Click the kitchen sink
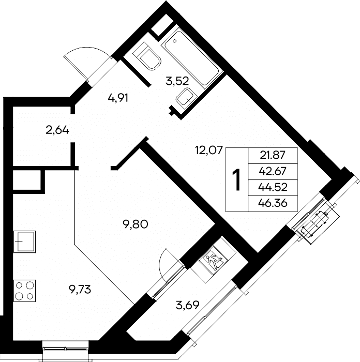pos(24,242)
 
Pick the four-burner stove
pos(24,291)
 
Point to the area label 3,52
pos(177,81)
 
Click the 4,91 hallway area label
pos(118,98)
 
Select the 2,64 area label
pos(57,131)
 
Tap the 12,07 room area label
pos(209,150)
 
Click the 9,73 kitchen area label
pos(80,290)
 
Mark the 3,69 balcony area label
pos(187,306)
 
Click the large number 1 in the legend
pos(236,179)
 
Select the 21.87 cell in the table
pos(273,155)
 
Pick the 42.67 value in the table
pos(273,171)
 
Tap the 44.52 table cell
pos(273,187)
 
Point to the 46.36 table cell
pos(273,203)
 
